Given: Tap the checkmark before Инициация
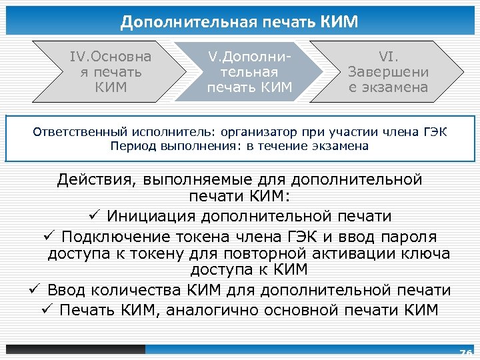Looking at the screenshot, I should pos(93,216).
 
